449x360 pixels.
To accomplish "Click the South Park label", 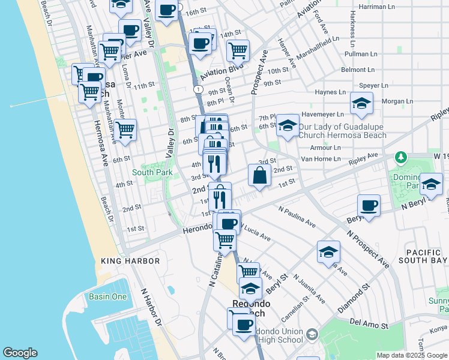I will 152,172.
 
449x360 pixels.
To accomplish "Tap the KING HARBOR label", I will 130,261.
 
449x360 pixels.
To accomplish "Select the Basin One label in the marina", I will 107,297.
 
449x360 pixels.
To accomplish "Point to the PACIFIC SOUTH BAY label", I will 418,256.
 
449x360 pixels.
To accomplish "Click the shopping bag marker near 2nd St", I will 259,177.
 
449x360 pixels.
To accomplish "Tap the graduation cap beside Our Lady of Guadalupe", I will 288,126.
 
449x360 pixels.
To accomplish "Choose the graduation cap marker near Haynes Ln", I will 361,104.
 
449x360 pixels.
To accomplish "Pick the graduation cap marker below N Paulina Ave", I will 328,253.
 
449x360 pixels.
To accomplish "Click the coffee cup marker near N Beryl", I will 369,206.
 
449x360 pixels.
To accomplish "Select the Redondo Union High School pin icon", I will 312,334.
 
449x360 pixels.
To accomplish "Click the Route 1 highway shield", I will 197,89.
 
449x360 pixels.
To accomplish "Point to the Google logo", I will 20,353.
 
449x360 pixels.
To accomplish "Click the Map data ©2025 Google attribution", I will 411,355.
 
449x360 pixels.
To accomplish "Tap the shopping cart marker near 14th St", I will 238,51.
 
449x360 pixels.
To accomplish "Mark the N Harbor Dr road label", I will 150,309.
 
